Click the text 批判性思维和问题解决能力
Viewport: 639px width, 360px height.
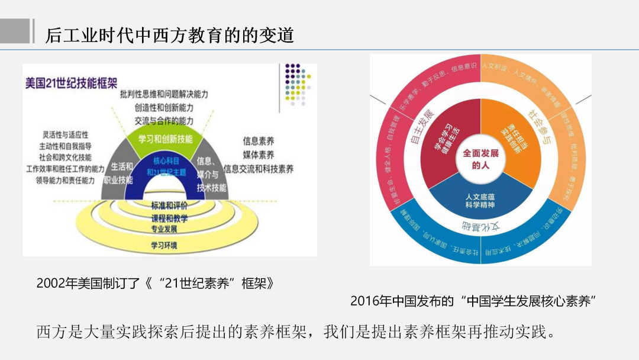point(164,94)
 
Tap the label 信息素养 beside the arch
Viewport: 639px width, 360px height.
point(259,142)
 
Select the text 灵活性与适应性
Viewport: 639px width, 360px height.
point(64,134)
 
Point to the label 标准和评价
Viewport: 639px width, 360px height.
point(169,206)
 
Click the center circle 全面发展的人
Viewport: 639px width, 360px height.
point(480,159)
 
